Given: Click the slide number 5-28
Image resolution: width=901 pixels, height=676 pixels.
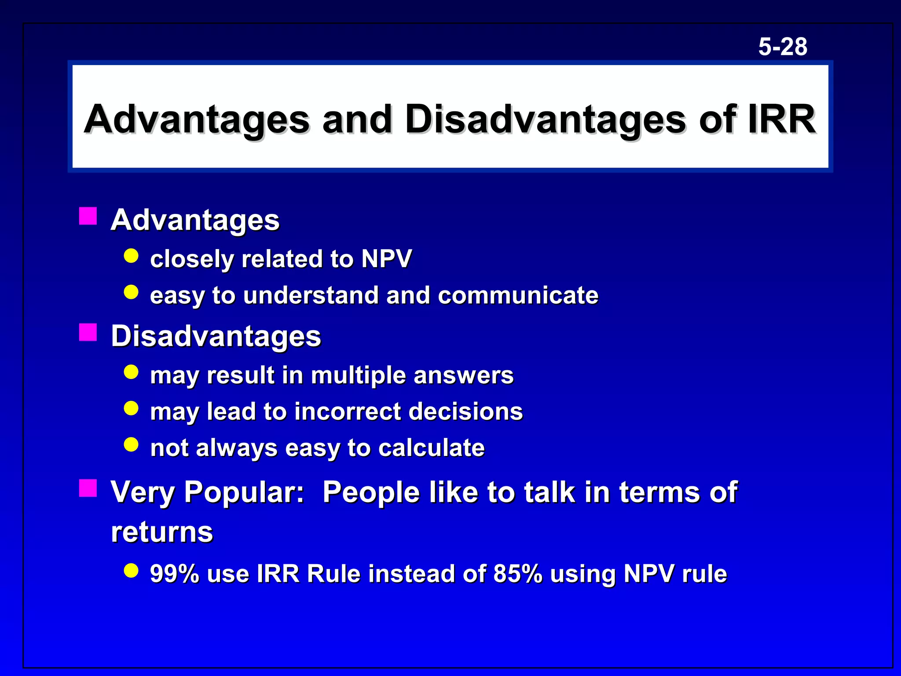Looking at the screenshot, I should pyautogui.click(x=783, y=47).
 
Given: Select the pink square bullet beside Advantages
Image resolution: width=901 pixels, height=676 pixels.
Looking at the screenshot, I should pyautogui.click(x=88, y=216).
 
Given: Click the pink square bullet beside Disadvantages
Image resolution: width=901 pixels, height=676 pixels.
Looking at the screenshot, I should pyautogui.click(x=88, y=332).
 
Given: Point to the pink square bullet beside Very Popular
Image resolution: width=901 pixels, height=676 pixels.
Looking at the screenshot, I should pyautogui.click(x=88, y=488).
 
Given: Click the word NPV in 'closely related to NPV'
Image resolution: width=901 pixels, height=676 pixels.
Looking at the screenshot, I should pyautogui.click(x=386, y=258).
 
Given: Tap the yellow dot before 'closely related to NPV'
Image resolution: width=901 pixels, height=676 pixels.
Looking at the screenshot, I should pyautogui.click(x=131, y=256).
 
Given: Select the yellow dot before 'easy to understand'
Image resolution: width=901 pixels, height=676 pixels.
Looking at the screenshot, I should pyautogui.click(x=131, y=292).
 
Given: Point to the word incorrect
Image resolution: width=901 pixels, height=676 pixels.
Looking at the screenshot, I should pyautogui.click(x=348, y=411).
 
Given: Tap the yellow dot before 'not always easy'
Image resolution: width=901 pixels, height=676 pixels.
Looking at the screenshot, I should pyautogui.click(x=131, y=445).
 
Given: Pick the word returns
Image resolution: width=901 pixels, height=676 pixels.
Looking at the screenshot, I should pyautogui.click(x=162, y=532).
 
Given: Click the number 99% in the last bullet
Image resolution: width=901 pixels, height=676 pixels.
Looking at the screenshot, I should pyautogui.click(x=175, y=573).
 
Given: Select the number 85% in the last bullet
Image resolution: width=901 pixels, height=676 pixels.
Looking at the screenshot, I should pyautogui.click(x=518, y=573).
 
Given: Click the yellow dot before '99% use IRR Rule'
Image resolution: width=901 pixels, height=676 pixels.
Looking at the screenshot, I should pyautogui.click(x=131, y=570).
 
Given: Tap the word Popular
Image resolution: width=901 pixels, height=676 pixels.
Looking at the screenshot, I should pyautogui.click(x=244, y=492).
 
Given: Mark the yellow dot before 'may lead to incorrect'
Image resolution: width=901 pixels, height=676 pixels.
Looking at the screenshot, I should pyautogui.click(x=131, y=408).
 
